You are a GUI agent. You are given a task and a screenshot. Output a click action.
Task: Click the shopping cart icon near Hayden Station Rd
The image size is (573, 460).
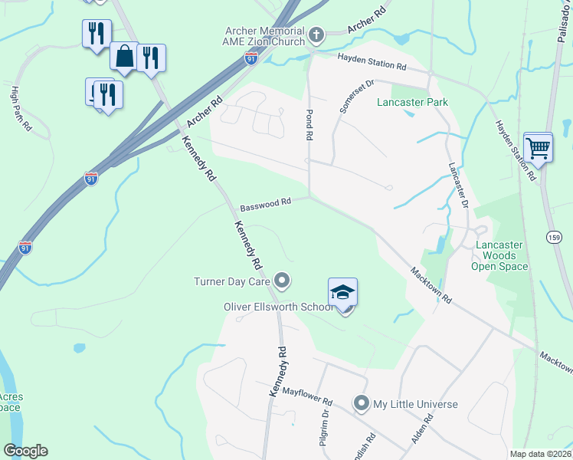click(x=539, y=146)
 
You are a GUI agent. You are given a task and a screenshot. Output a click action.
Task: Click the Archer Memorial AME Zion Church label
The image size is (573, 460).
click(x=265, y=36)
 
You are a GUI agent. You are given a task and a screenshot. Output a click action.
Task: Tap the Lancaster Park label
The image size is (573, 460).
click(x=412, y=102)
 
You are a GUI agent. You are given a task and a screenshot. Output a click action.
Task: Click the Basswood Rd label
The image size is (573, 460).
click(x=266, y=204)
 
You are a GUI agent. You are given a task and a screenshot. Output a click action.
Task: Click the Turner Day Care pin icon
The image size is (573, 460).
click(x=283, y=281)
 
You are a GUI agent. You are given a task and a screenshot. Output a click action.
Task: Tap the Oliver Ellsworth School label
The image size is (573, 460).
click(x=278, y=307)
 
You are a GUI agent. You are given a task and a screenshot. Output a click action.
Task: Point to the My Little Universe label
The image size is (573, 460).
click(x=415, y=404)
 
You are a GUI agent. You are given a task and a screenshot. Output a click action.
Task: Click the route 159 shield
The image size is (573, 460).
click(x=555, y=238)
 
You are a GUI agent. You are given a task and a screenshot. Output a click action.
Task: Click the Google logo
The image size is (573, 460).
click(x=25, y=451)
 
